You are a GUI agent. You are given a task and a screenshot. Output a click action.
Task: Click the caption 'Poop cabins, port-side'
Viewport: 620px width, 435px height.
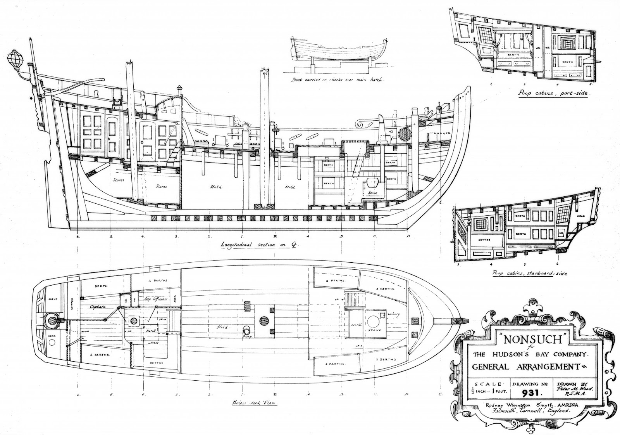click(x=552, y=94)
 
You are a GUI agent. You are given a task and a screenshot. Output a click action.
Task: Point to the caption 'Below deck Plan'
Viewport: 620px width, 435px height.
click(x=256, y=403)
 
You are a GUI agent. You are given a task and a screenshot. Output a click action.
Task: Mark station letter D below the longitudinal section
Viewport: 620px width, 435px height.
click(x=408, y=236)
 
